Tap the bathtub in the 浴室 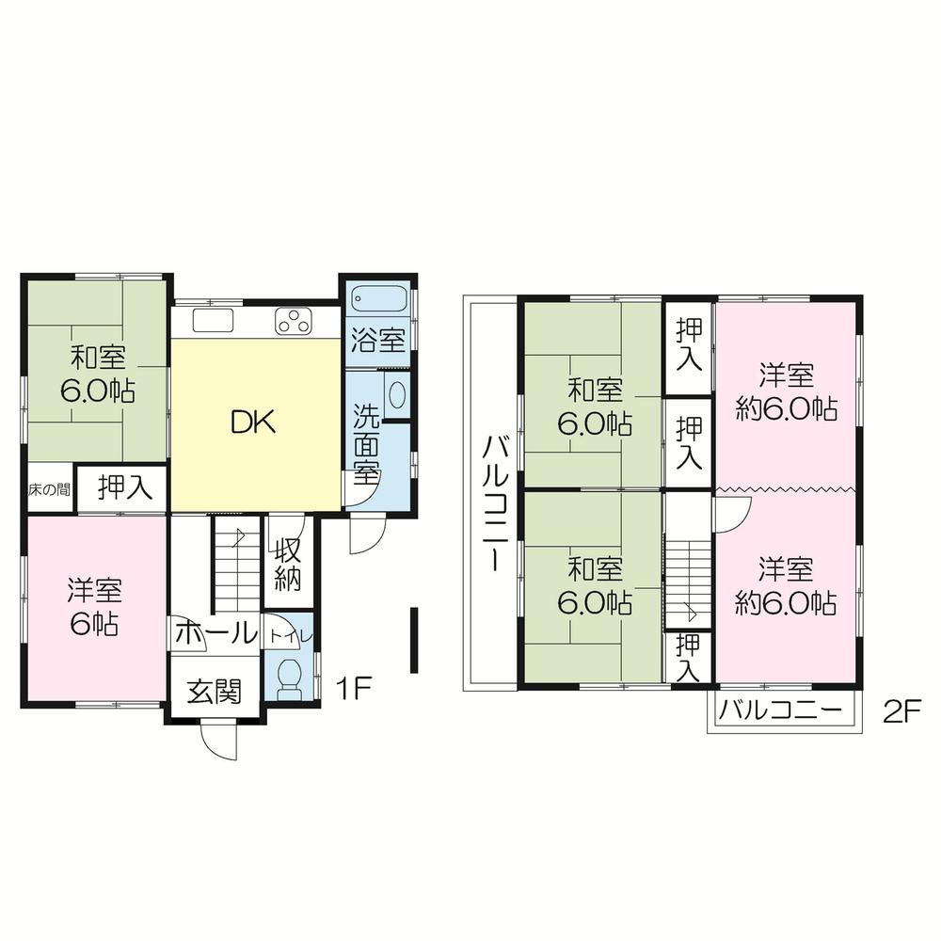coord(379,299)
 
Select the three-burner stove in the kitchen coord(294,321)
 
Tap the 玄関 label coord(215,692)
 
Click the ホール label coord(215,633)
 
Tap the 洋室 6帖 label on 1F coord(93,608)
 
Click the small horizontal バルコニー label coord(780,712)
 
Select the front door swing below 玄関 coord(219,743)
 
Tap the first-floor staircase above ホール coord(235,565)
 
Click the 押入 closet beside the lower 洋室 coord(689,657)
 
